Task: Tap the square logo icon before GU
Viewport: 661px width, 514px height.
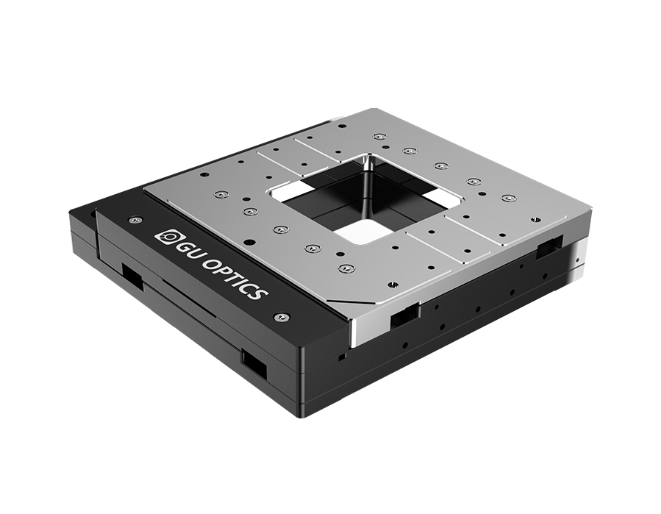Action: [x=163, y=236]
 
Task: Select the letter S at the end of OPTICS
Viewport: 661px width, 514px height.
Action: [x=258, y=291]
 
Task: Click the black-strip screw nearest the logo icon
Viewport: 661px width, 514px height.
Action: [x=133, y=220]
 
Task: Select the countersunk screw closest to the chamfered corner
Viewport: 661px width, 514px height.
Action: [x=343, y=268]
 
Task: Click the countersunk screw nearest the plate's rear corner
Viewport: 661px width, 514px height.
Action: [x=379, y=137]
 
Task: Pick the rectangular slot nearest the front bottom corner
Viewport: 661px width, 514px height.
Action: [x=254, y=363]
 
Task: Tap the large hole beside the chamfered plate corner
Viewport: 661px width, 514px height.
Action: [x=393, y=283]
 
